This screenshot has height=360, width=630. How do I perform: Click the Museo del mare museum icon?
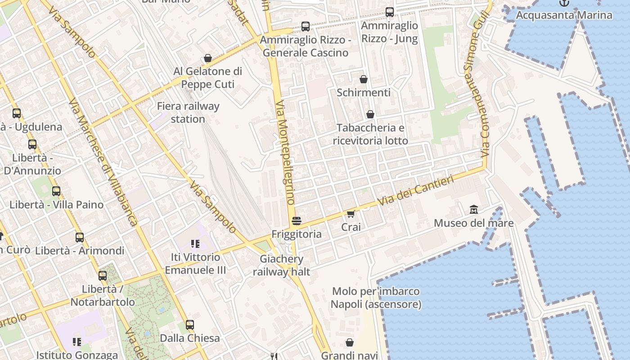[x=473, y=210]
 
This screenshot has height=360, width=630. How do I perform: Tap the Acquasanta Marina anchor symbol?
[x=564, y=3]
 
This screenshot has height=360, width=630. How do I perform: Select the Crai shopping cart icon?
[x=351, y=214]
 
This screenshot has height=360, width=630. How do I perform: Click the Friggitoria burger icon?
[x=296, y=221]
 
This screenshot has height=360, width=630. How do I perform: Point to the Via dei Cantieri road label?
[x=416, y=191]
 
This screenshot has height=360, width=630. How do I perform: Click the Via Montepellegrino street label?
[x=285, y=153]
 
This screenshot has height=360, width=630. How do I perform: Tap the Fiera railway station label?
[x=188, y=112]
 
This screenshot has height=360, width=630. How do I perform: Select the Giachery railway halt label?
[x=282, y=265]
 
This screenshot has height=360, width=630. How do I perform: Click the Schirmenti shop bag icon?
[x=364, y=80]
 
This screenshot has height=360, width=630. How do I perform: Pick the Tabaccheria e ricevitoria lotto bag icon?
[x=370, y=114]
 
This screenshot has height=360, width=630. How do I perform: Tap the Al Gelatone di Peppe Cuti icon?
[x=208, y=58]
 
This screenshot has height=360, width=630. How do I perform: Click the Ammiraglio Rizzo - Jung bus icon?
[x=390, y=12]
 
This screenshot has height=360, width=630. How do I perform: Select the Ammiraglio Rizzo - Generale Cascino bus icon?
[x=306, y=27]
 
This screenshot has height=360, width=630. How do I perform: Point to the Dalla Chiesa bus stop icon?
[x=190, y=325]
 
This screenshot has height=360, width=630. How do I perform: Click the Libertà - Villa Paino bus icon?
[x=56, y=191]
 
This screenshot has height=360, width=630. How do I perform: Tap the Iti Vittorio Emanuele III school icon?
[x=195, y=244]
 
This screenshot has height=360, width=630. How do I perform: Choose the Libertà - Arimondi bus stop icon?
[x=80, y=237]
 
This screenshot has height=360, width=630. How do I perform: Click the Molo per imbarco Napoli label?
[x=376, y=298]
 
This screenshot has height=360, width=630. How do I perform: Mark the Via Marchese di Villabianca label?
[x=104, y=162]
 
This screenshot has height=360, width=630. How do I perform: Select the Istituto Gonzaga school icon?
[x=77, y=342]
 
